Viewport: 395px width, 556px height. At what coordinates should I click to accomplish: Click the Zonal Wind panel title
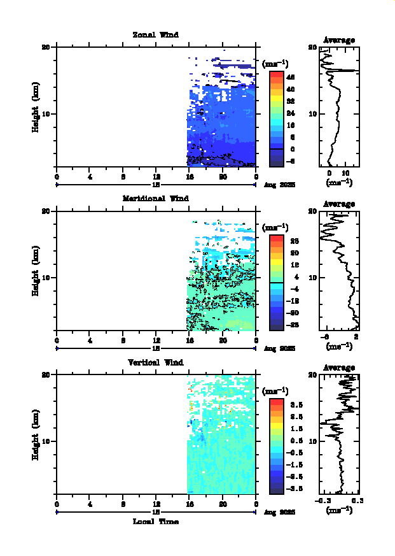pos(155,35)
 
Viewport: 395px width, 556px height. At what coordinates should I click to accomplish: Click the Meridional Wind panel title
pos(155,198)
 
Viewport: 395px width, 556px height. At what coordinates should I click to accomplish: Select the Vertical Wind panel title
pos(155,362)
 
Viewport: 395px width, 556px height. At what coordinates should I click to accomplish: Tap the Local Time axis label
pos(155,522)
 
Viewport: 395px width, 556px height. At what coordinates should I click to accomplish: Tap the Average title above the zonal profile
pos(339,40)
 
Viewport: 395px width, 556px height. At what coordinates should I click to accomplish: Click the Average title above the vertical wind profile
pos(339,367)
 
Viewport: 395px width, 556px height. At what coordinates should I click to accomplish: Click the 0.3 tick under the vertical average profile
pos(356,501)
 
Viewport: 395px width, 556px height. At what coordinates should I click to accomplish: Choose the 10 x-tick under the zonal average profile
pos(346,173)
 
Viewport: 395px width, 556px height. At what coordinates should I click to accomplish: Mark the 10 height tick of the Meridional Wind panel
pos(46,278)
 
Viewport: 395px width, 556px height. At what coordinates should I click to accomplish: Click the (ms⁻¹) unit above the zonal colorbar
pos(275,63)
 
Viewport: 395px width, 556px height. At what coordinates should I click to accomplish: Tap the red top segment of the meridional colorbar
pos(276,238)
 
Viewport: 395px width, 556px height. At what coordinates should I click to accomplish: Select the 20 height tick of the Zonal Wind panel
pos(46,47)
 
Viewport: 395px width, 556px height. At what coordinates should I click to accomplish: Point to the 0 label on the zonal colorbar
pos(291,149)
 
